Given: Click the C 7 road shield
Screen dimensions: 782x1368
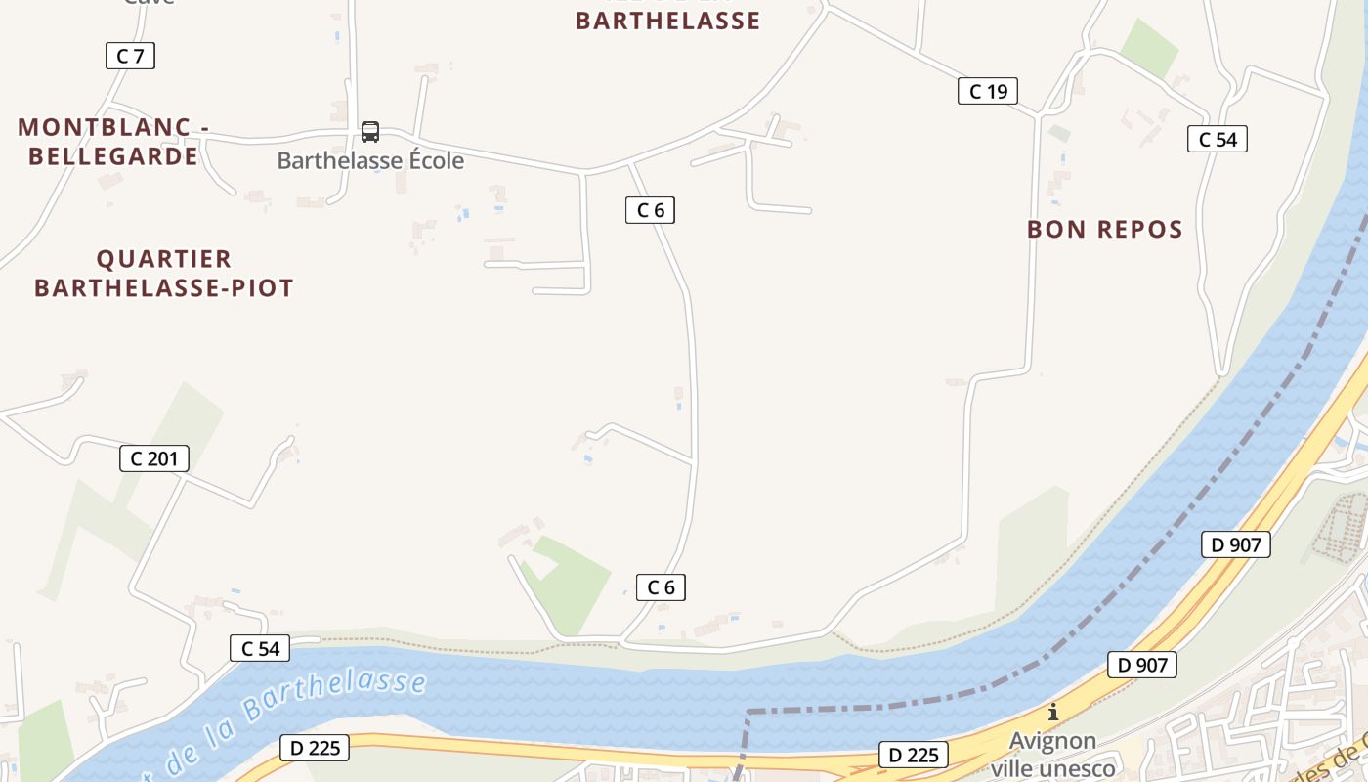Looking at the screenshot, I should pos(130,56).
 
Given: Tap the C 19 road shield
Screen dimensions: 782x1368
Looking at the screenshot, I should pos(987,92).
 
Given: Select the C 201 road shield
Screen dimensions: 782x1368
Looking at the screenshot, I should pos(153,458).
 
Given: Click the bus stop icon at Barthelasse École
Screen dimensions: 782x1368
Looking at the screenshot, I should pos(370,132).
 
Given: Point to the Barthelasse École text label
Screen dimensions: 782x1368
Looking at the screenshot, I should pos(370,160).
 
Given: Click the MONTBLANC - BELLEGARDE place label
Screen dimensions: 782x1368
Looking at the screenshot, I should pos(113,142).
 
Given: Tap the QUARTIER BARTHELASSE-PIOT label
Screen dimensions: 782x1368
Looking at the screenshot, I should pos(164,274).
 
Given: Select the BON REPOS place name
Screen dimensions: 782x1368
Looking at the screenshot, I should pos(1104,230).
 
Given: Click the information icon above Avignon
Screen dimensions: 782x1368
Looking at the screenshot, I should pos(1052,712).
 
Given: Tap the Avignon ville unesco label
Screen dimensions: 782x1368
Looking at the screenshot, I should pos(1052,755).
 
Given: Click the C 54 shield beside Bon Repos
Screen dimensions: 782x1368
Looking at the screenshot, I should pos(1218,140).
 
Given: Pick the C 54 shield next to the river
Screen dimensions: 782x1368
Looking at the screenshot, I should pos(260,648).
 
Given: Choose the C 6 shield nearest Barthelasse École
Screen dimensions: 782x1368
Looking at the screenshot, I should pos(650,210).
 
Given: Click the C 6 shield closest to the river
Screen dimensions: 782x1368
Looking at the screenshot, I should pos(661,587).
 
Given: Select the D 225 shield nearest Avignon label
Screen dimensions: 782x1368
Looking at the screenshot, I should pos(913,755).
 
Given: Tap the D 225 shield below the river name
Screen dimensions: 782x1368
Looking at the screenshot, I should pos(314,749).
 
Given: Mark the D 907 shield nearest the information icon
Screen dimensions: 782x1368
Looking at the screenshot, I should pos(1141,666).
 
